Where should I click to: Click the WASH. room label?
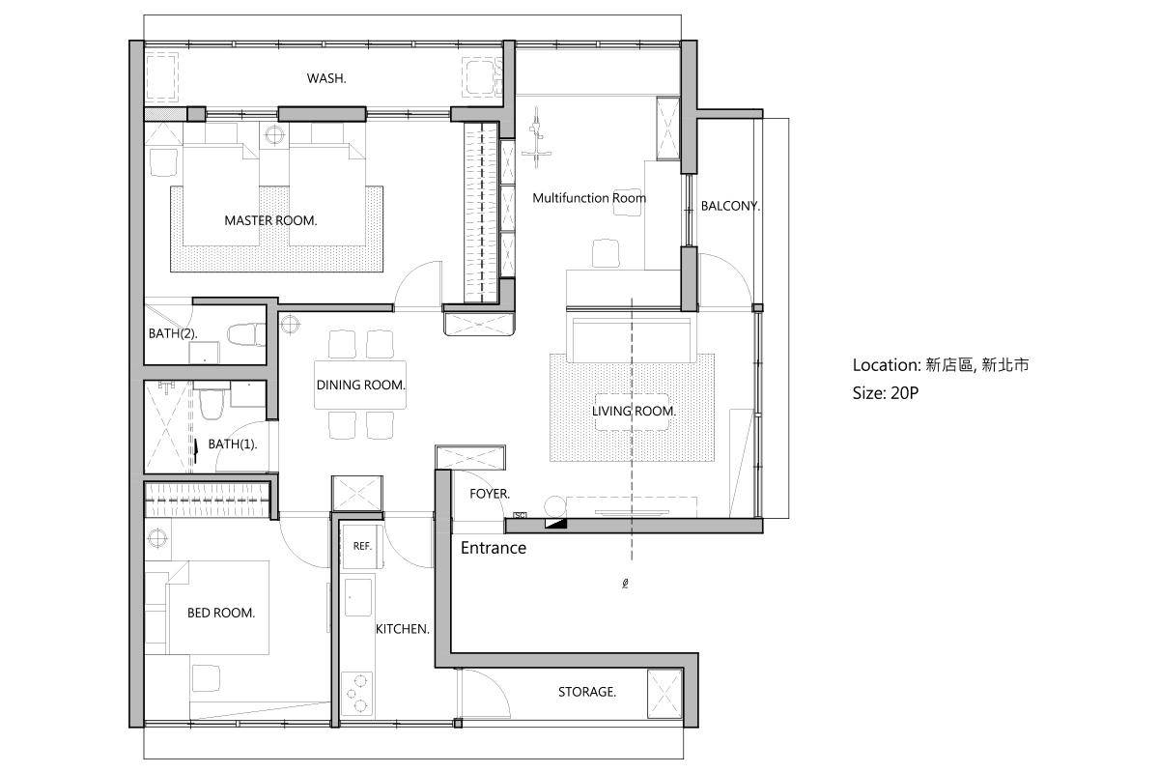326,78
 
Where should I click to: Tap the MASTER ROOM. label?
270,220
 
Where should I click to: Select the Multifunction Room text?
589,198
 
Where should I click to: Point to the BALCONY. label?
730,206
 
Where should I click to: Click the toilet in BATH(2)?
246,334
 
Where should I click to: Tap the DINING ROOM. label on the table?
360,386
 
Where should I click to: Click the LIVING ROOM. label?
634,411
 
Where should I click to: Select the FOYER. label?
490,494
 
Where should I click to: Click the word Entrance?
494,548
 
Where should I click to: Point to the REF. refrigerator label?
362,546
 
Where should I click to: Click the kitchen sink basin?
358,597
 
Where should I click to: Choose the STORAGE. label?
587,692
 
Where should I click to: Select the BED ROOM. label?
221,613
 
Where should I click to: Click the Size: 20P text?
886,393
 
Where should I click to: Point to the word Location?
885,365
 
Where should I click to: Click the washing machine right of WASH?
482,77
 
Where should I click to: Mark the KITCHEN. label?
403,629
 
